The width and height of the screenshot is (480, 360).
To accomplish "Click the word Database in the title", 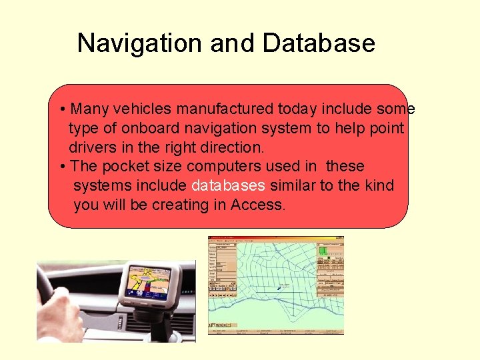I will tap(319, 44).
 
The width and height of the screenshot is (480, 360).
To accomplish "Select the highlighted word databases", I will tap(228, 185).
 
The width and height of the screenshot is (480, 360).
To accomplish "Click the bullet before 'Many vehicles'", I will tap(61, 109).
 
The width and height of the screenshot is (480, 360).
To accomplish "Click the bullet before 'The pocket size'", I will tap(61, 166).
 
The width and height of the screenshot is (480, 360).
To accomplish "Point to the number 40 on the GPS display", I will tap(139, 293).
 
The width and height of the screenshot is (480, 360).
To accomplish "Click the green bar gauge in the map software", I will tap(323, 251).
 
